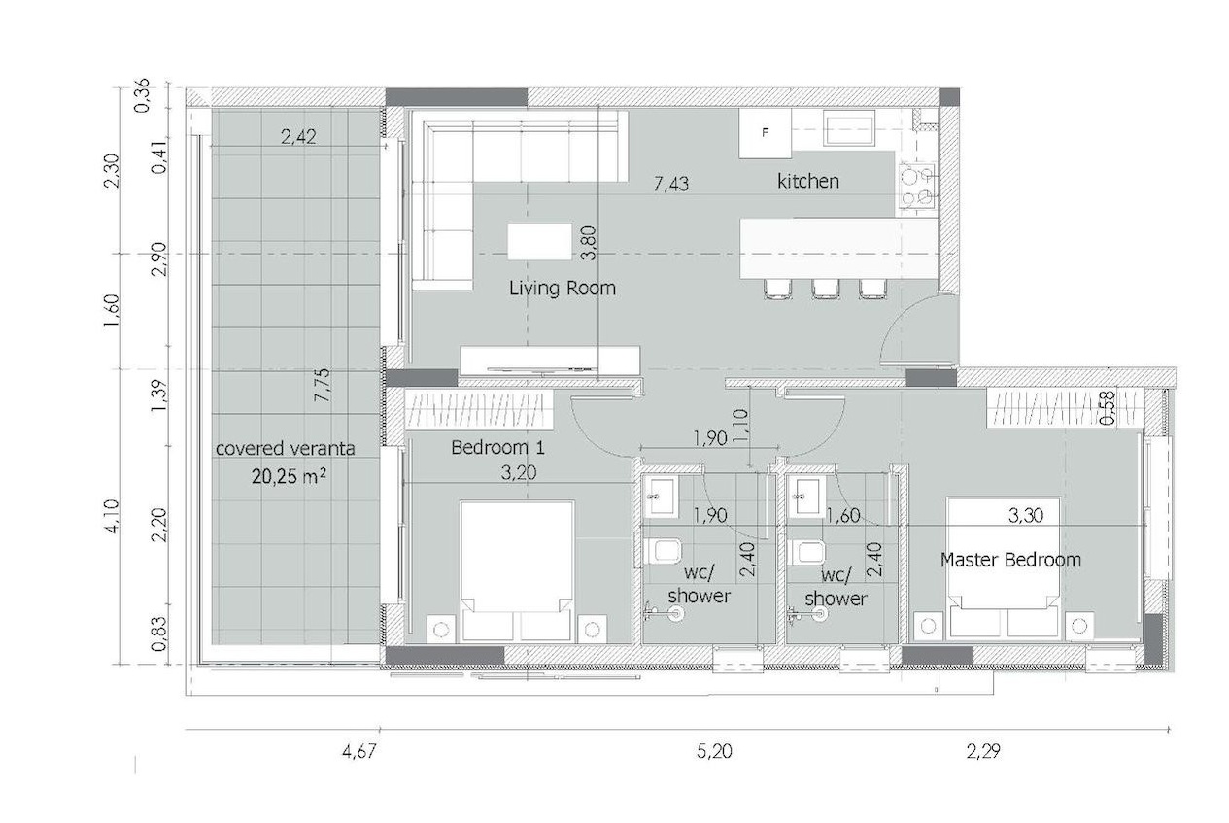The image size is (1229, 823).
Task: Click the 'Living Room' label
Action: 563,288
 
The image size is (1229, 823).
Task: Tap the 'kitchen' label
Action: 808,181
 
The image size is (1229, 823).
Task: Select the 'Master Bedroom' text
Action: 1010,560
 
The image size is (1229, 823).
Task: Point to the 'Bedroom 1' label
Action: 497,448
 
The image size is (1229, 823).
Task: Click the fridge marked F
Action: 765,132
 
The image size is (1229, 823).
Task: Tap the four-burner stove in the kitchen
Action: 917,186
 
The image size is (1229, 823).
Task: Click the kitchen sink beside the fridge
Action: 849,128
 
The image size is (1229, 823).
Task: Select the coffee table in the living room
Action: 539,241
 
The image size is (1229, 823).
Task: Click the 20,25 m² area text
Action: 290,476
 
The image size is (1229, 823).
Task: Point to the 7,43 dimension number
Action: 671,184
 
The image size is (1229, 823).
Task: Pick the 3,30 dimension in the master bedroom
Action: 1025,515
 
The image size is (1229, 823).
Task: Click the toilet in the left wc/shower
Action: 663,550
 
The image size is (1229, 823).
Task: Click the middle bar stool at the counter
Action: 826,289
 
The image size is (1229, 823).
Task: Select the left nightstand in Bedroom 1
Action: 441,630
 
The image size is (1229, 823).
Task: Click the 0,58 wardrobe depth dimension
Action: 1108,407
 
